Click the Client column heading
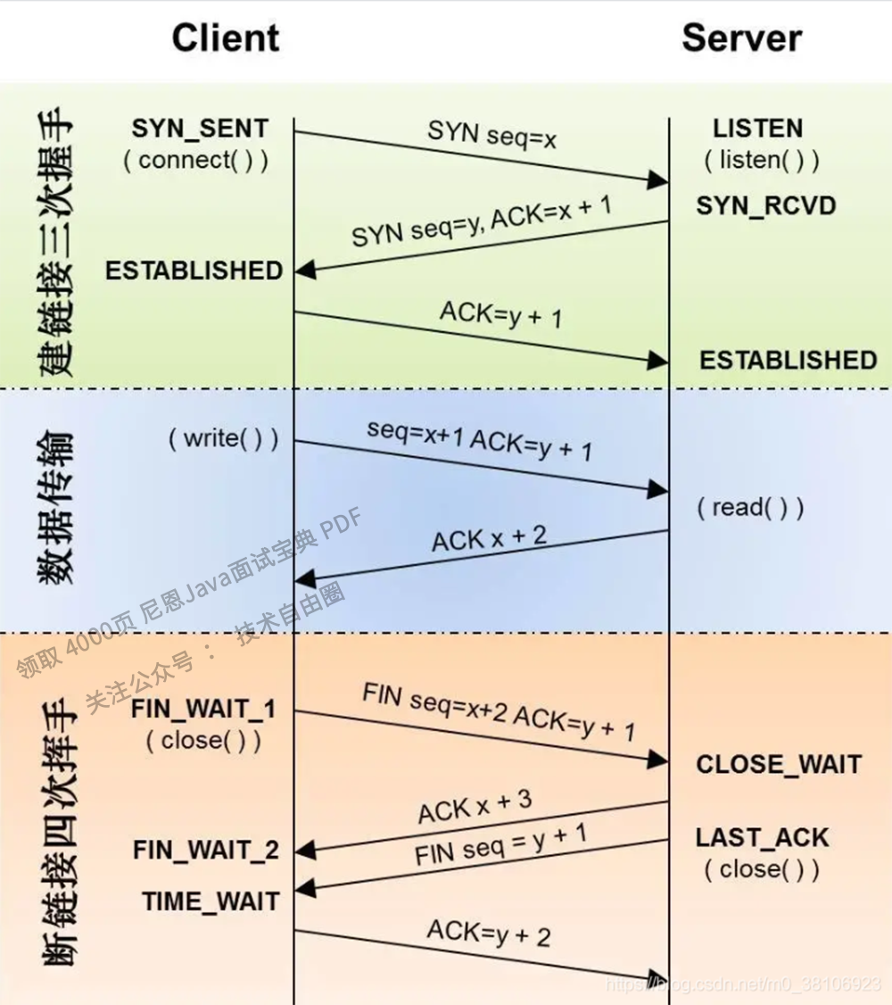[x=226, y=38]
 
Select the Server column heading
[x=741, y=38]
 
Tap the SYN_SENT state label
[x=200, y=129]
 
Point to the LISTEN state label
[x=758, y=129]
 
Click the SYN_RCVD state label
[x=766, y=206]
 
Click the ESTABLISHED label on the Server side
[x=788, y=360]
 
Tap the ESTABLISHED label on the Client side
[x=194, y=270]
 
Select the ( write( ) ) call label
[x=223, y=438]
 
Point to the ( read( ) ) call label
[x=751, y=508]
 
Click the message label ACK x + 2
[x=490, y=538]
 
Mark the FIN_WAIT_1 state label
[x=203, y=710]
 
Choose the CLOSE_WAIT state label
[x=779, y=764]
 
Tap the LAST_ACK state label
[x=763, y=837]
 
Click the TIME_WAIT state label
[x=210, y=901]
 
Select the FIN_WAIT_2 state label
[x=206, y=851]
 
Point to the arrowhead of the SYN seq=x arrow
[x=659, y=181]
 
